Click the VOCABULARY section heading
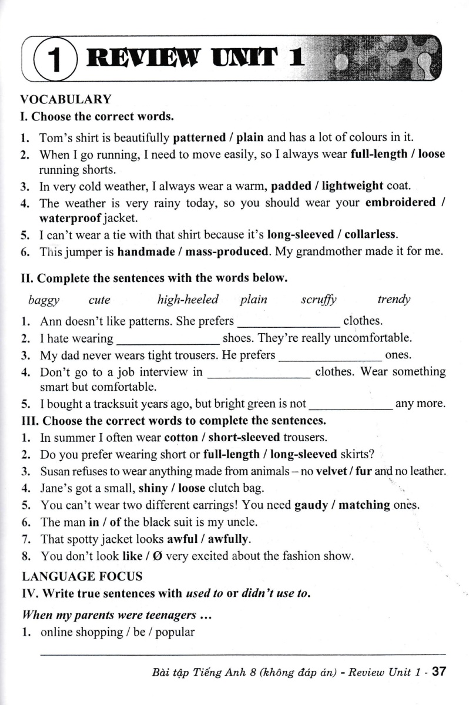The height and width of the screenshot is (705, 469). pos(66,99)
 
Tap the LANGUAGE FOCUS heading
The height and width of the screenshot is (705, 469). pos(81,577)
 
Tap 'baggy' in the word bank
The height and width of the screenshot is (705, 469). pos(43,300)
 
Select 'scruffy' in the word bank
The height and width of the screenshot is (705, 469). pos(319,300)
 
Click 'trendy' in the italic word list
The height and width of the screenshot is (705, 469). pos(393,300)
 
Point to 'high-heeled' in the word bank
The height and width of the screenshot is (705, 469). pos(187,300)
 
